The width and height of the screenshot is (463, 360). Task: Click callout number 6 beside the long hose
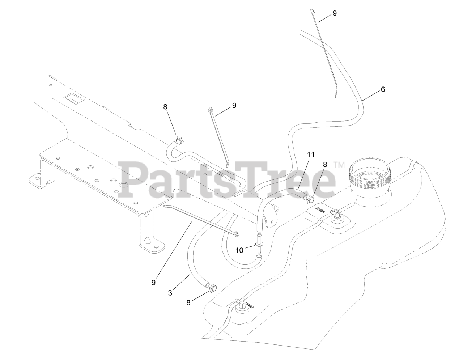point(382,89)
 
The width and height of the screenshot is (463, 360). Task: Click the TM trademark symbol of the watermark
point(339,165)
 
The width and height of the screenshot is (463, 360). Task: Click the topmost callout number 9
point(334,13)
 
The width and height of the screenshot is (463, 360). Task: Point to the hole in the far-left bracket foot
point(35,178)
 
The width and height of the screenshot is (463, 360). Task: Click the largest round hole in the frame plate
point(124,185)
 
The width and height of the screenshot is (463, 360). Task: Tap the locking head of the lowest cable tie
point(236,234)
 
